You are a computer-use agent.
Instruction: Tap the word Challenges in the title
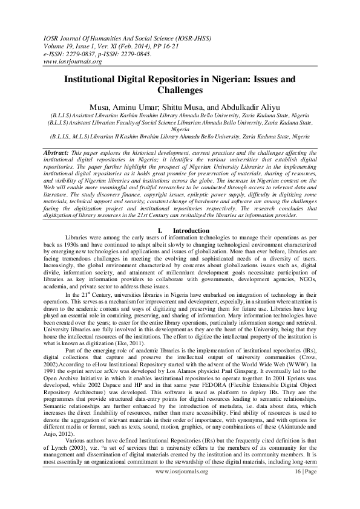coord(180,90)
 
